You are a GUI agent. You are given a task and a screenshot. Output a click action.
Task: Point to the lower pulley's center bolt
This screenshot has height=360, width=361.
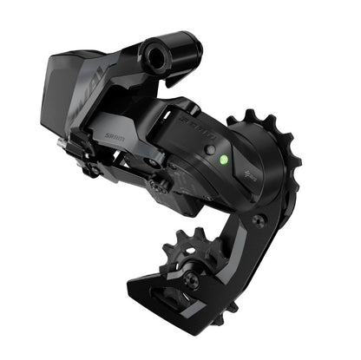coord(193,279)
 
